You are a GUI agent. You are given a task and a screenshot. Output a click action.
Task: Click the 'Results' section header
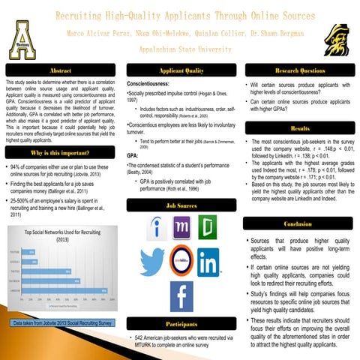pos(298,128)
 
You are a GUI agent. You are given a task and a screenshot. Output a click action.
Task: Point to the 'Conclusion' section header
pos(298,224)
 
